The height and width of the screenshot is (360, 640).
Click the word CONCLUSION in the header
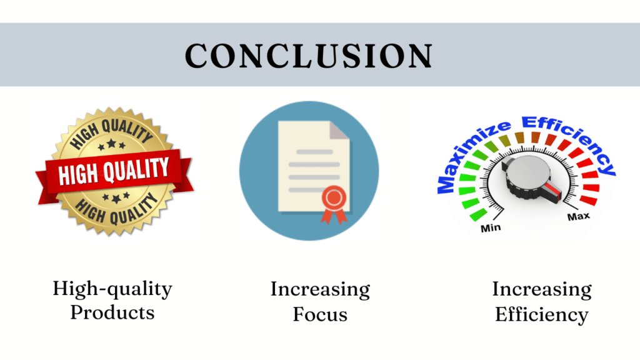309,56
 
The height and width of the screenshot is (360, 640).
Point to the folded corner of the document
339,130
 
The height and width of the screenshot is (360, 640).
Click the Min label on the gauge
491,227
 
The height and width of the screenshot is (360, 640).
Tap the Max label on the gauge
579,216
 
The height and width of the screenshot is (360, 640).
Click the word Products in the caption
112,313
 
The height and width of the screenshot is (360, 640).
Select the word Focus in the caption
320,315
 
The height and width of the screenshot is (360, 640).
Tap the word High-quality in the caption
112,289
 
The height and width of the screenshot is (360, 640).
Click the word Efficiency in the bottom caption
542,315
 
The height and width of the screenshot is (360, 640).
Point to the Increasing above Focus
321,290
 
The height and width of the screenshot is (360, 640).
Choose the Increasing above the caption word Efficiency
542,290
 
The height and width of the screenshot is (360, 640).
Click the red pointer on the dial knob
554,191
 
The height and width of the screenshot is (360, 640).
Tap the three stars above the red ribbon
111,144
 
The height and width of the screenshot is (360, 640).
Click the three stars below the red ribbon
116,197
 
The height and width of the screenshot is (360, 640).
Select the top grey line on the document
314,152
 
